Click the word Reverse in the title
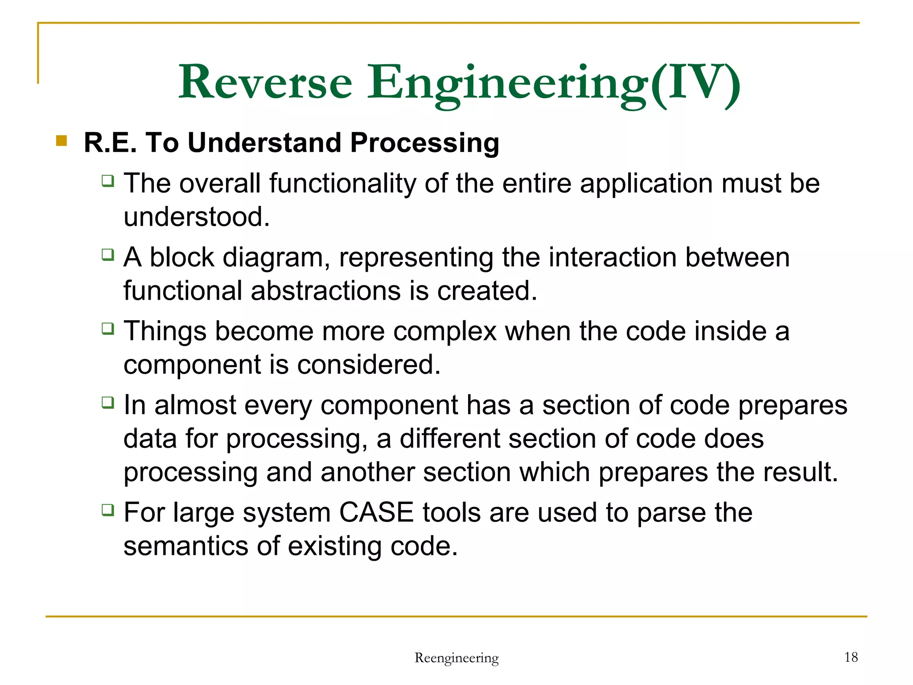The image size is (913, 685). [266, 83]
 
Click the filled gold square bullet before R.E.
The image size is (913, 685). [62, 141]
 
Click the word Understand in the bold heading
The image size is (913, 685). [265, 143]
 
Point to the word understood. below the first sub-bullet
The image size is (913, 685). [197, 217]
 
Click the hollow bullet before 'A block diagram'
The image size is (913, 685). [107, 255]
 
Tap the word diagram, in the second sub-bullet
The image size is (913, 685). [276, 258]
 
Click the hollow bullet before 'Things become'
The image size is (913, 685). [107, 329]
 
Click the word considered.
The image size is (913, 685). [369, 365]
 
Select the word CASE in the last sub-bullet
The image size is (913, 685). [376, 512]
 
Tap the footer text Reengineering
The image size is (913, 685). [456, 658]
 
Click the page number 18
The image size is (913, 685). [851, 657]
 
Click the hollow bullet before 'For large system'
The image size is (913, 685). [107, 510]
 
